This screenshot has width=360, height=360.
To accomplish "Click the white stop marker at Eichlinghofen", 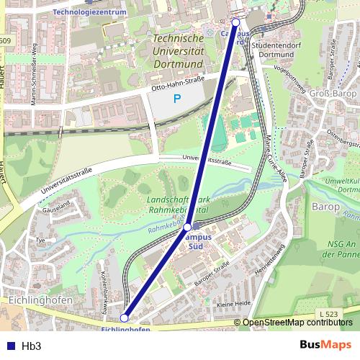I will [x=124, y=317].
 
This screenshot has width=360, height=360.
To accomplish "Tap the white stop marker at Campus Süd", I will [x=187, y=227].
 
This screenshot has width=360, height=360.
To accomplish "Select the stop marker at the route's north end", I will [x=235, y=22].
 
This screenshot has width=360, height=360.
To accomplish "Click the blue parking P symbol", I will [x=176, y=99].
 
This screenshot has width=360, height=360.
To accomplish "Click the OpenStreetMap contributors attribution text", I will [x=297, y=323].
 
